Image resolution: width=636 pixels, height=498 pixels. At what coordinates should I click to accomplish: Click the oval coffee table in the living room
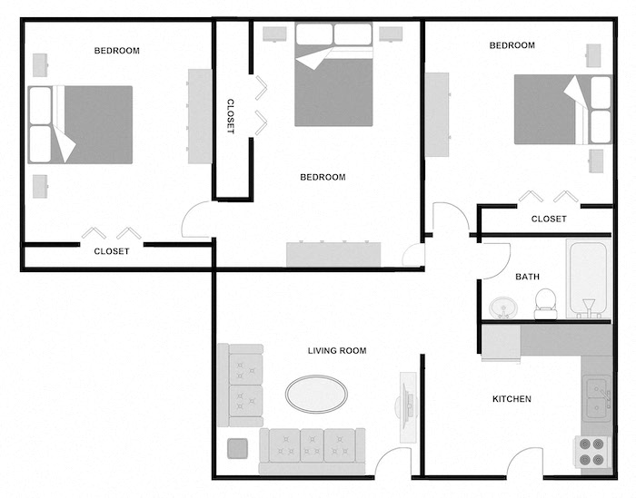click(x=316, y=394)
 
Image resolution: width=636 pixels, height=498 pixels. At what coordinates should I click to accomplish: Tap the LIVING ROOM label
click(x=337, y=350)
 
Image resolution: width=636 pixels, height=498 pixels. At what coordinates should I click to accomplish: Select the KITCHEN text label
click(x=512, y=399)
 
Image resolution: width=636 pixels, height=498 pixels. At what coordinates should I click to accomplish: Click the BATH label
click(x=528, y=277)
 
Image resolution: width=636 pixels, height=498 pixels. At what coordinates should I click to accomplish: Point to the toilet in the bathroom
click(x=545, y=303)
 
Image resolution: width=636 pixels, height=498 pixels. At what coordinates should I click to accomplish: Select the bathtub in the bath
click(x=589, y=278)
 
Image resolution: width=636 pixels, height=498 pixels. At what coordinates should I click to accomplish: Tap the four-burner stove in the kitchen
click(x=595, y=452)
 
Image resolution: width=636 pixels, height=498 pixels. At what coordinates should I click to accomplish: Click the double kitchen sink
click(x=596, y=397)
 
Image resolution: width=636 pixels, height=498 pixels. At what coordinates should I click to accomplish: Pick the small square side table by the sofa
click(x=238, y=449)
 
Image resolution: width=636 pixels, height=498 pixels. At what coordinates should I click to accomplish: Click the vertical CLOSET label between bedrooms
click(x=230, y=116)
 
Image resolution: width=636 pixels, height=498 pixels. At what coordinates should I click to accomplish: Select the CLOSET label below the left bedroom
click(x=112, y=251)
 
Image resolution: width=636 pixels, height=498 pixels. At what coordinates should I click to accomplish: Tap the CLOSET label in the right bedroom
click(x=549, y=219)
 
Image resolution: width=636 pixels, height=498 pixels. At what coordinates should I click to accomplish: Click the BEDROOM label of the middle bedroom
click(x=323, y=177)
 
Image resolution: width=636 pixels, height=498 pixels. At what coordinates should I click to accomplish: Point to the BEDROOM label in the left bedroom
click(x=117, y=51)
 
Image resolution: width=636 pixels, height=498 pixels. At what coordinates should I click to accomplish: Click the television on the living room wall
click(x=406, y=397)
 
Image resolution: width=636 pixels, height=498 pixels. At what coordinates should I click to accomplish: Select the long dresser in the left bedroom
click(x=200, y=116)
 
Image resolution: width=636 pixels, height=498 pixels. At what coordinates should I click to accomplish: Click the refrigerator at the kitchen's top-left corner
click(x=501, y=343)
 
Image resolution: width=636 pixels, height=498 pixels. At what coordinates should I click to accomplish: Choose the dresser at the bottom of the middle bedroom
click(x=333, y=254)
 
